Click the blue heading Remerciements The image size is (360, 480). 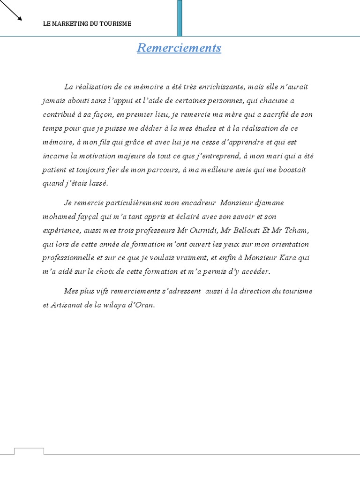(x=179, y=48)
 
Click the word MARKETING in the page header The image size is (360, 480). (x=70, y=24)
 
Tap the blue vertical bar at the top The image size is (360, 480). (x=180, y=18)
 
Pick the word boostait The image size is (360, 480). (x=292, y=170)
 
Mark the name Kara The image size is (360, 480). (x=287, y=258)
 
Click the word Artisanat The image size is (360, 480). (x=68, y=305)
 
